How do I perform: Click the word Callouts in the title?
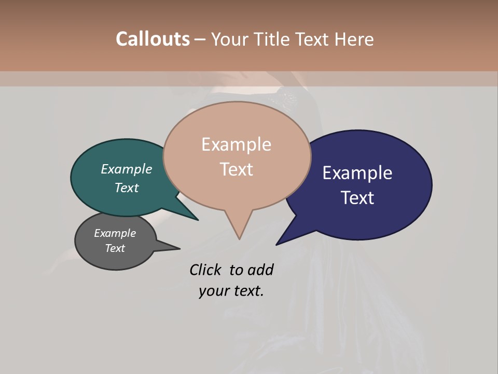(x=153, y=39)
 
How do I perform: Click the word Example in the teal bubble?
(x=127, y=169)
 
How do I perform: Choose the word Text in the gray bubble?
(x=115, y=248)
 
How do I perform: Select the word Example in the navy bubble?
(x=357, y=173)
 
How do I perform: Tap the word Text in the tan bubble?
(x=237, y=169)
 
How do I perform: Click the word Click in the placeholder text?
(x=205, y=270)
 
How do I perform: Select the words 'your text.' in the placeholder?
(x=231, y=291)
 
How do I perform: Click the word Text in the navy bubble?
(x=358, y=198)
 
